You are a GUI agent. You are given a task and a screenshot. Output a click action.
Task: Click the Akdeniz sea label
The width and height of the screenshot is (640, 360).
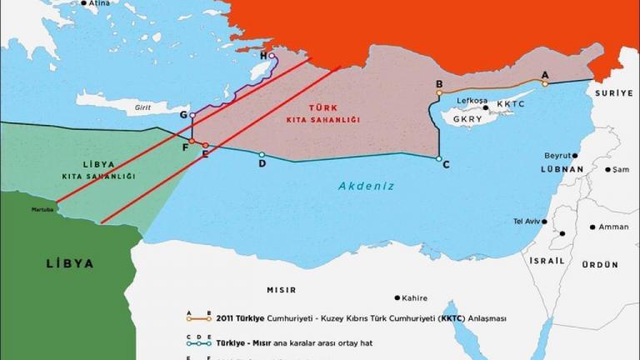366,186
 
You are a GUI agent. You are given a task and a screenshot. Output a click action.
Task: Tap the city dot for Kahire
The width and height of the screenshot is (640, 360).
397,297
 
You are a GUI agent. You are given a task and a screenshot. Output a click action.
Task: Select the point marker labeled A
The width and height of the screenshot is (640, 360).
545,83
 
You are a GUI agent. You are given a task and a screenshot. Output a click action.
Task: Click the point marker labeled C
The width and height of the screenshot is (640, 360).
438,157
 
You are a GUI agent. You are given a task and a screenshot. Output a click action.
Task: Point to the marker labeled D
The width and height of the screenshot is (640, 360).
262,154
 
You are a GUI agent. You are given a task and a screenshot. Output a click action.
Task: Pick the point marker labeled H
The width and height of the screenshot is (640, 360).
272,56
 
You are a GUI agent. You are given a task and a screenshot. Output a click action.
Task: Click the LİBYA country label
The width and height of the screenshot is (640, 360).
69,263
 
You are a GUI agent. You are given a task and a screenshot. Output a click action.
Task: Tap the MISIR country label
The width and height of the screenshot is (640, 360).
282,289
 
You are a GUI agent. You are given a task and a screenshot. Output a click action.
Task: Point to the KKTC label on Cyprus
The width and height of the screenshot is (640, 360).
512,105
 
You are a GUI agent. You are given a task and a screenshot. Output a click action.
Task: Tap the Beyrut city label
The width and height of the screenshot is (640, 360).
557,156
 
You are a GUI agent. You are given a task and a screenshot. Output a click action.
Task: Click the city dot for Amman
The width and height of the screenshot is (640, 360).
592,227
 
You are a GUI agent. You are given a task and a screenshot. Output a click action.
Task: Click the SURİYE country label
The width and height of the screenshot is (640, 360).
614,94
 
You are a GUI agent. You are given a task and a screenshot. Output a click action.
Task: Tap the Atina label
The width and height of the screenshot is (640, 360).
99,3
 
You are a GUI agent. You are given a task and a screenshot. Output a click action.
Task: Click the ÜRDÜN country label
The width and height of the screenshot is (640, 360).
600,264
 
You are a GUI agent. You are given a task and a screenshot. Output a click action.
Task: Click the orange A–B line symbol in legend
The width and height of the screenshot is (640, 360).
198,318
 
